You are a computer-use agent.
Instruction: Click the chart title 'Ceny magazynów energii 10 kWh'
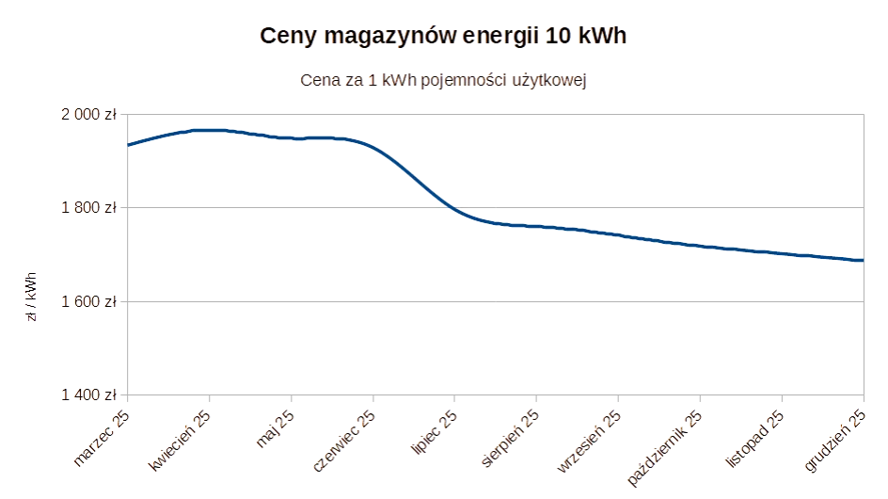[x=443, y=37]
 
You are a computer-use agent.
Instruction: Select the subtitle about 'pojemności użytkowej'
[x=443, y=81]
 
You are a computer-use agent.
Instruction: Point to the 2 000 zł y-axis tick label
[x=89, y=114]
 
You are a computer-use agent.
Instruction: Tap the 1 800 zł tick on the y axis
[x=89, y=207]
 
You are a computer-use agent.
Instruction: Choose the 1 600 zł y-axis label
[x=89, y=301]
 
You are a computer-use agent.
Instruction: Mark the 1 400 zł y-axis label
[x=89, y=394]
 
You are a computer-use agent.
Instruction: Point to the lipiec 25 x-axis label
[x=435, y=430]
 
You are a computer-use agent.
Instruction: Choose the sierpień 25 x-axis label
[x=510, y=437]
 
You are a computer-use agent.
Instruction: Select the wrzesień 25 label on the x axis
[x=589, y=440]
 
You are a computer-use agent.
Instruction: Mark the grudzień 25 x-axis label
[x=833, y=439]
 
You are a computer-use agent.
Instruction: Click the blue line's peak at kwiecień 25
[x=209, y=131]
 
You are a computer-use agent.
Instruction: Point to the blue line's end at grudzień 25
[x=861, y=261]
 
